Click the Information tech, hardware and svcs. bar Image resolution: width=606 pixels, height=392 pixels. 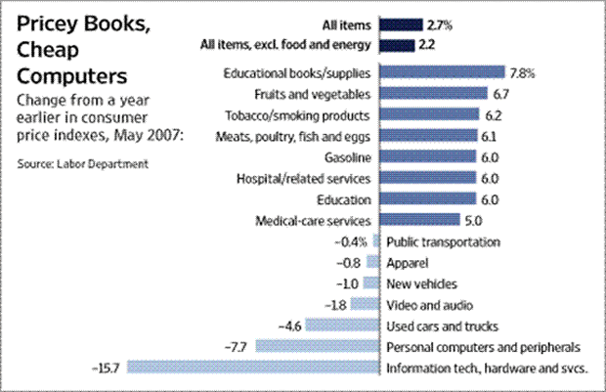[x=253, y=368]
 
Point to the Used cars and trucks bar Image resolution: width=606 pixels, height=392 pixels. [x=343, y=326]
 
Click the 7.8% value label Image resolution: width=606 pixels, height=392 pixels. [x=521, y=72]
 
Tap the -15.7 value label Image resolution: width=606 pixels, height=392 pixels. [x=105, y=368]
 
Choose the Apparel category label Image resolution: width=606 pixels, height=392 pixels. [x=408, y=262]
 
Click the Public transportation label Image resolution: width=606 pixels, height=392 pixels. [x=444, y=241]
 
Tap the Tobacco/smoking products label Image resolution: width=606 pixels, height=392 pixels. [x=299, y=114]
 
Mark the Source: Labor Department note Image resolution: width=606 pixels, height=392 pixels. [x=82, y=162]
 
